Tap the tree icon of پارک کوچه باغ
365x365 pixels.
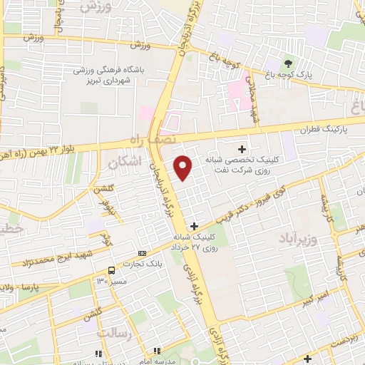click(x=288, y=61)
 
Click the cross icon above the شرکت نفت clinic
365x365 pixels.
click(x=242, y=149)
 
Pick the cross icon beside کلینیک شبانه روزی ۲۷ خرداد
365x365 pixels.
click(x=194, y=226)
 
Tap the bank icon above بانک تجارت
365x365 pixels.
click(x=142, y=253)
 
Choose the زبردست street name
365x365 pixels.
click(x=345, y=339)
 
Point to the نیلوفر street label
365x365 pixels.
click(x=111, y=207)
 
